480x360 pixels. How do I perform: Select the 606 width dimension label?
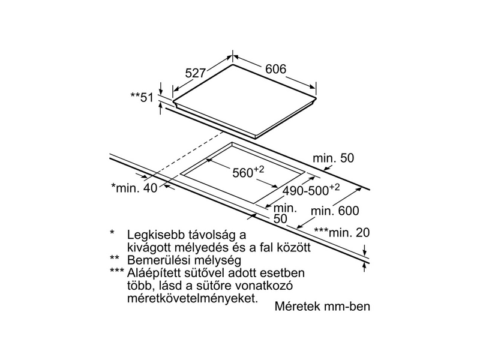275,69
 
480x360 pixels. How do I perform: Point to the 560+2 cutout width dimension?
248,173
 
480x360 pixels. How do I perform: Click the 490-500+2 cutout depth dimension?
309,190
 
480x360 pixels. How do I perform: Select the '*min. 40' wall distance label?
134,188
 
